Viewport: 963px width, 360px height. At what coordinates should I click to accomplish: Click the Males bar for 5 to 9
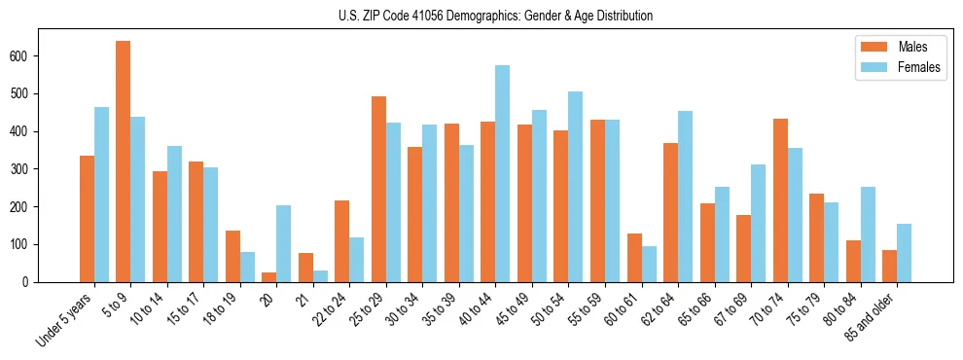[124, 162]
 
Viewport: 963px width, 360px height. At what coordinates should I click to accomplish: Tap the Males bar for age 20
[269, 277]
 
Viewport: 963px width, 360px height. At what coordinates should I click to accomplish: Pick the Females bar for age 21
[320, 276]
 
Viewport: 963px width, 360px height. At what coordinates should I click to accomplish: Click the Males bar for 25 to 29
[378, 189]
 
